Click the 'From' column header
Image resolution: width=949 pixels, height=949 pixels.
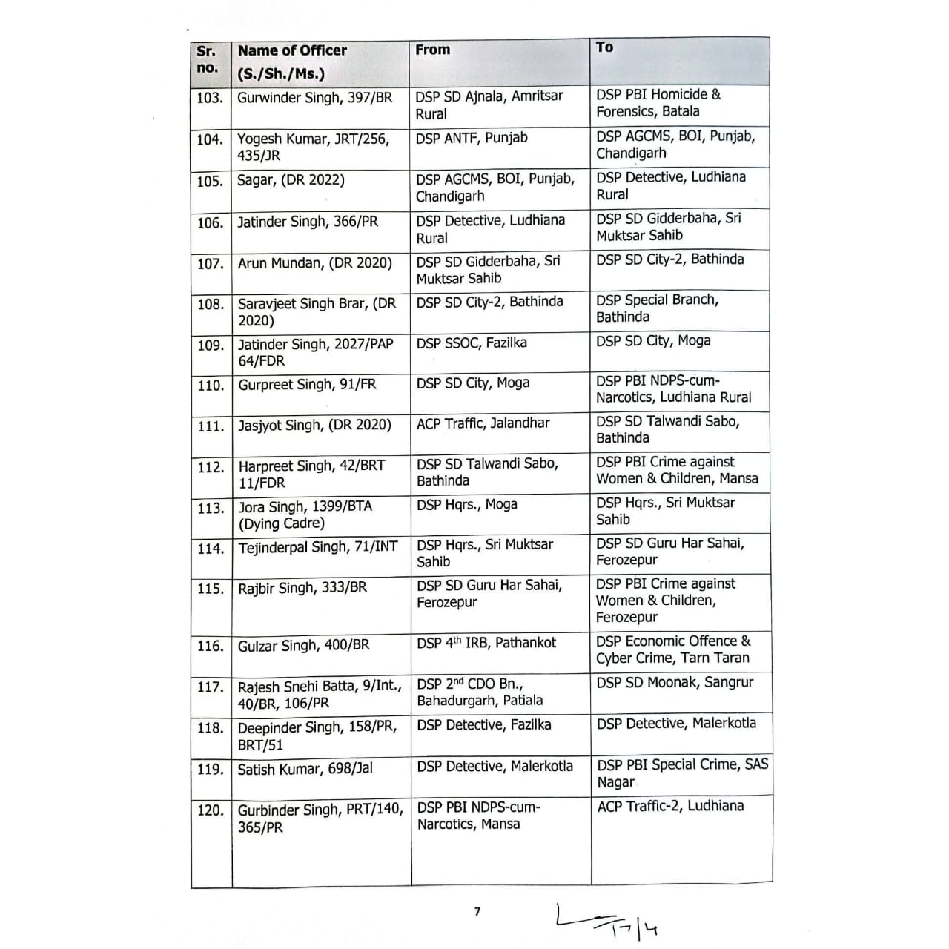click(433, 50)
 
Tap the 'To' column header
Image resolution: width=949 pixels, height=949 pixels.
click(605, 47)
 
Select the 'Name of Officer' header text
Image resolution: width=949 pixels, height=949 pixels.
click(292, 51)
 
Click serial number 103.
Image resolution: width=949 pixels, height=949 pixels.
click(210, 98)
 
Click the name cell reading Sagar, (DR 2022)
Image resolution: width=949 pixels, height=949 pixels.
click(291, 180)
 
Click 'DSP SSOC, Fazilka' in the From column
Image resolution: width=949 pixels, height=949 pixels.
click(472, 343)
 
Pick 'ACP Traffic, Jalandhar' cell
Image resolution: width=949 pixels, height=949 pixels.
click(483, 423)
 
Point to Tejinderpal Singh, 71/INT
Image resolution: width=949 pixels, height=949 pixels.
click(317, 548)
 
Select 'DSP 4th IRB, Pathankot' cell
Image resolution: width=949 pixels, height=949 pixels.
click(486, 643)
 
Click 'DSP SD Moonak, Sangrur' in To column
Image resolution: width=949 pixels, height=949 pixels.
click(675, 682)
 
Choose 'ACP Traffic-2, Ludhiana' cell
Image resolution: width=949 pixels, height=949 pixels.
click(670, 806)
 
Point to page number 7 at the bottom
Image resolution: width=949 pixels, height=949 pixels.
click(477, 912)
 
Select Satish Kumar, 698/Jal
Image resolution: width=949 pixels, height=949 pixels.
click(305, 769)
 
